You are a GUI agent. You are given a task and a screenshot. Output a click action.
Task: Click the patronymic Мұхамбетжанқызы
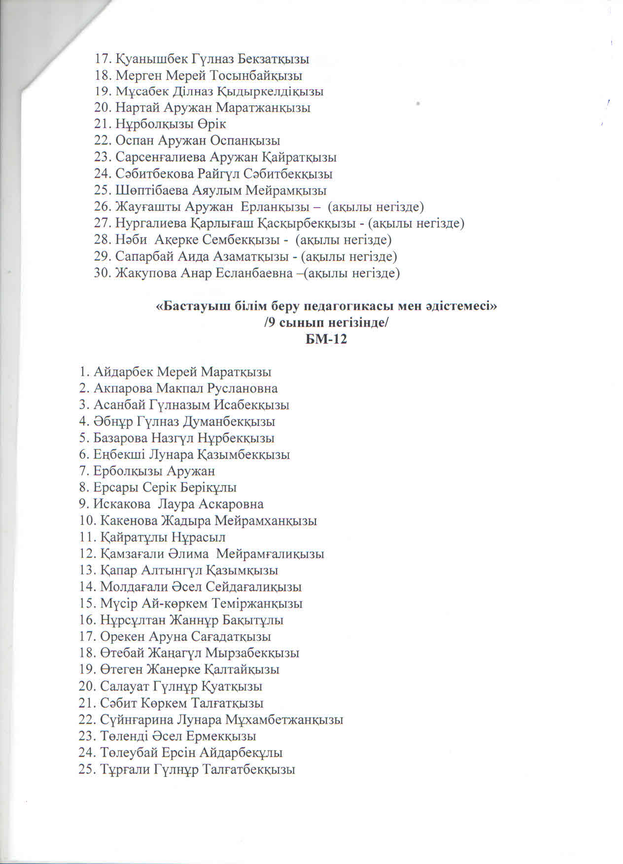pos(284,720)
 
